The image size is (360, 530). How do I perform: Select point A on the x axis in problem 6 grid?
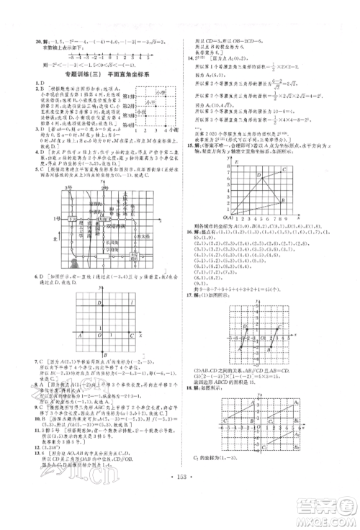(x=79, y=333)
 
